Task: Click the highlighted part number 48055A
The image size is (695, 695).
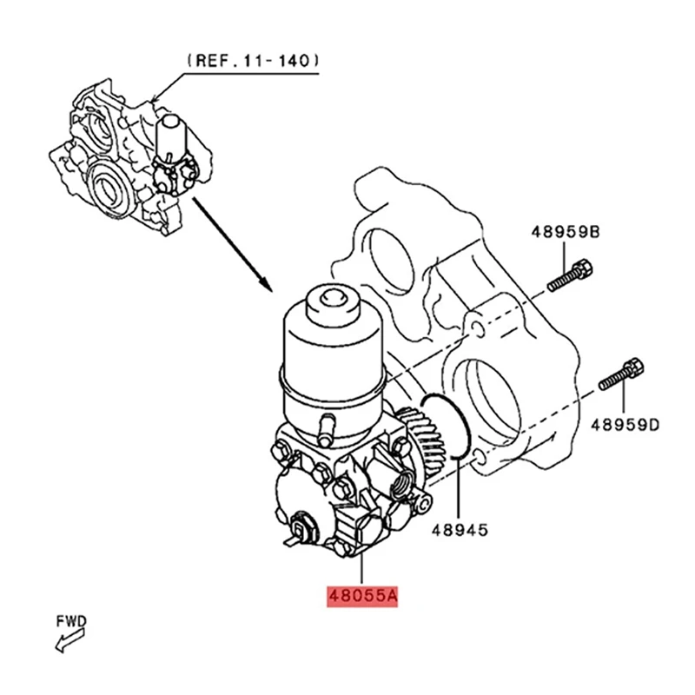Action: (361, 598)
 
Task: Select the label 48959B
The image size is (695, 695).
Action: (566, 232)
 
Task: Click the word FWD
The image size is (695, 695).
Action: (72, 621)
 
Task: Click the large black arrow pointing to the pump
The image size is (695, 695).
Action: (231, 244)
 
